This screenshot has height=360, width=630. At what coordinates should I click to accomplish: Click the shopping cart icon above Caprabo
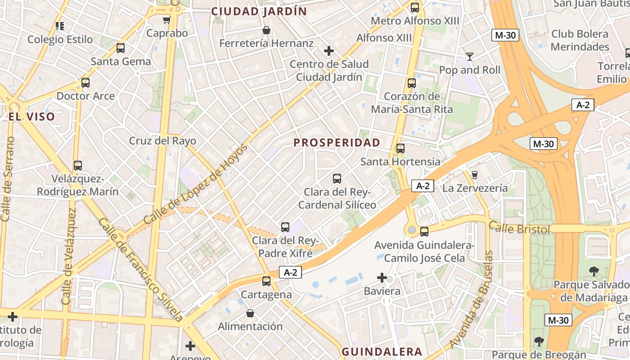166,20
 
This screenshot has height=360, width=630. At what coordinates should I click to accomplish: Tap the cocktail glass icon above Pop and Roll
470,56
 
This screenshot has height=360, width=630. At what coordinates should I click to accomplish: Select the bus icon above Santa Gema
120,48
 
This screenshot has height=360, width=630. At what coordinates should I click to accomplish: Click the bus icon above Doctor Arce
85,83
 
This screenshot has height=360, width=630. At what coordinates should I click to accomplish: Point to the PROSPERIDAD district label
337,143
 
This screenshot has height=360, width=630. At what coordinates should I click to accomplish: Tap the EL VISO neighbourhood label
31,117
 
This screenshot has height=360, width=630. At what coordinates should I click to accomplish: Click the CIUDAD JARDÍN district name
259,11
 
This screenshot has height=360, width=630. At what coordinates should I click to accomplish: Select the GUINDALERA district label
382,351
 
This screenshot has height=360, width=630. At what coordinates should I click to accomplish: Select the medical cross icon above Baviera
382,278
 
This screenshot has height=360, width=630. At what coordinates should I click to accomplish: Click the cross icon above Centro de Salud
329,50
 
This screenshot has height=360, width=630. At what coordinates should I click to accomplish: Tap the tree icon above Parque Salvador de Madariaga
594,271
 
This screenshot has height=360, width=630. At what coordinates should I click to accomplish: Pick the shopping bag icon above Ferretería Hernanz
266,30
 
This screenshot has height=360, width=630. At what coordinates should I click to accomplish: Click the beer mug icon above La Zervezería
474,175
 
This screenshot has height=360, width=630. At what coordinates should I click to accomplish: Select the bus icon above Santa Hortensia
400,148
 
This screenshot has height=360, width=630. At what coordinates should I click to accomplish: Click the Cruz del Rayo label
162,141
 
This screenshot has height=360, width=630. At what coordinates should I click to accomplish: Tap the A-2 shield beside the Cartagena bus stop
290,272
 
